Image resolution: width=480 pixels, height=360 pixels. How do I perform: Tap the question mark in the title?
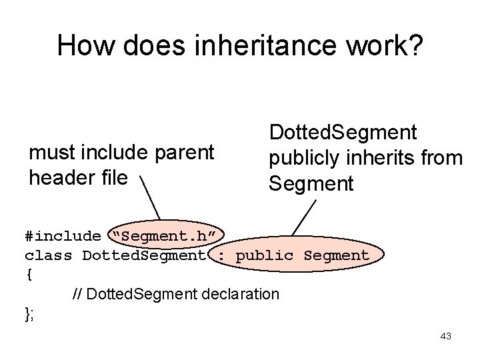tap(413, 46)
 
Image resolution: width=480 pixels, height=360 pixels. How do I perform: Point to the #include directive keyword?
tap(63, 236)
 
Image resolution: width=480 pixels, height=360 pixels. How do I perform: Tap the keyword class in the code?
tap(49, 255)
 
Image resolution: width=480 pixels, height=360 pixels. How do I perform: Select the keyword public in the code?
tap(265, 255)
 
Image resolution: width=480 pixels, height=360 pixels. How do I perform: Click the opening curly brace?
tap(28, 274)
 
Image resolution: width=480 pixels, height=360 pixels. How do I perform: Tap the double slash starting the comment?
tap(77, 293)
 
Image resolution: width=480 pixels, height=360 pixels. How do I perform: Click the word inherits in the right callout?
tap(379, 157)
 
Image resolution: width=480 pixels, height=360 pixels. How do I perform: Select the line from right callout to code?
tap(303, 220)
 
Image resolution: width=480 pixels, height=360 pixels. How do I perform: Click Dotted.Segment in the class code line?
tap(143, 255)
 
